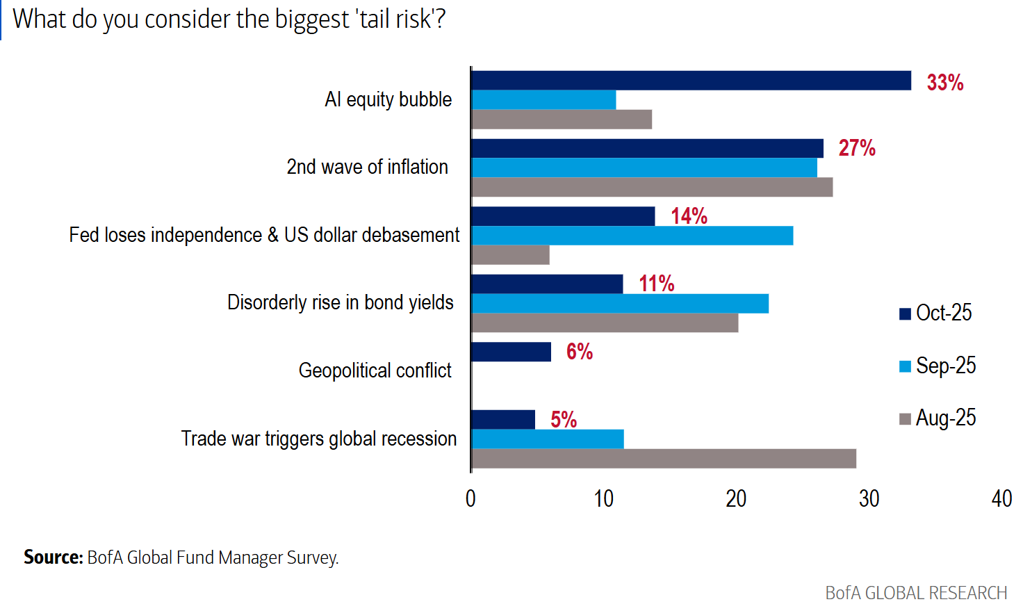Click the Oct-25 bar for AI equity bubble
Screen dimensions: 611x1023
[x=691, y=81]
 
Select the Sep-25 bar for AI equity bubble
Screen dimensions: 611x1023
[x=543, y=100]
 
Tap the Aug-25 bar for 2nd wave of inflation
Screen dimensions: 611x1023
[x=652, y=188]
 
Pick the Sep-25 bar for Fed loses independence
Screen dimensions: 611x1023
[x=632, y=236]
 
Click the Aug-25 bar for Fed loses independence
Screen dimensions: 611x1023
[x=510, y=255]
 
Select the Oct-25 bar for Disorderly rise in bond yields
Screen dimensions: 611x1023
[x=547, y=284]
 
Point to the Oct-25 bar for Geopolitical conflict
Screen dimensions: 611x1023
[x=511, y=352]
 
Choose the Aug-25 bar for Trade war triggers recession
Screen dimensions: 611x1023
[x=664, y=459]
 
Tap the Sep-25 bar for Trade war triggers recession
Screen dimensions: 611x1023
[x=548, y=439]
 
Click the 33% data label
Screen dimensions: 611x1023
[x=945, y=83]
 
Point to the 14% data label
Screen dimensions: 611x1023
[x=689, y=216]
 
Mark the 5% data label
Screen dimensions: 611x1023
[x=564, y=420]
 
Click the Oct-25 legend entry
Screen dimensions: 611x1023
[x=936, y=313]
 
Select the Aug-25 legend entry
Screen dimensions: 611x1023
[x=938, y=418]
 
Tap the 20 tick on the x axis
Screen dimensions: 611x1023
[x=736, y=498]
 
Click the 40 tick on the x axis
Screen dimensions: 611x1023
[x=1001, y=498]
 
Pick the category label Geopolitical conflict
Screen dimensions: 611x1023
[x=375, y=370]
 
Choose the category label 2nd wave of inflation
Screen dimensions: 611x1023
[x=368, y=167]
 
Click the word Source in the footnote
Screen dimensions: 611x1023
[x=53, y=557]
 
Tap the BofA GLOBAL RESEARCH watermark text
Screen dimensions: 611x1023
[x=916, y=593]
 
